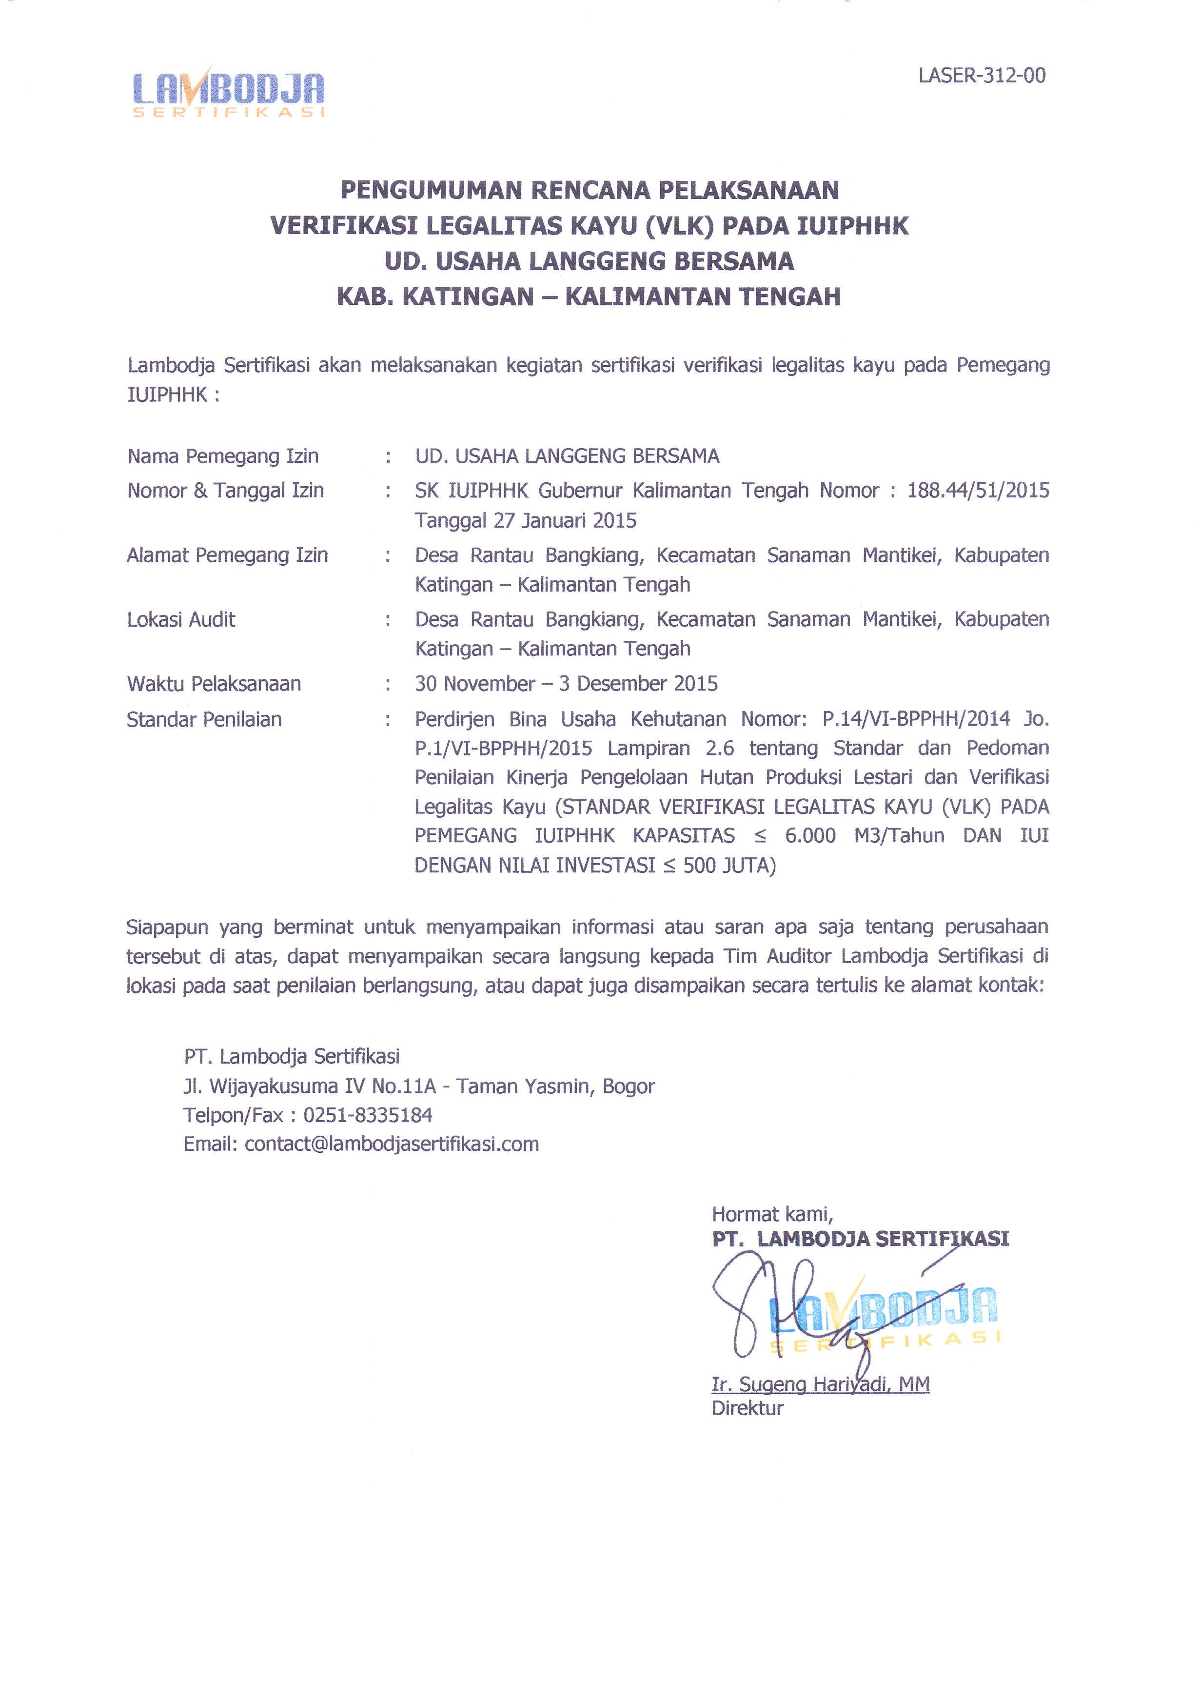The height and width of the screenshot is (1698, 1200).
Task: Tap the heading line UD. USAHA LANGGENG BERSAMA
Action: [x=590, y=261]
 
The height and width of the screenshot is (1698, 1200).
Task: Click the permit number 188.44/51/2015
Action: [x=978, y=490]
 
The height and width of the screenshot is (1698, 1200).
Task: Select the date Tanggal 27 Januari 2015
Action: [x=525, y=521]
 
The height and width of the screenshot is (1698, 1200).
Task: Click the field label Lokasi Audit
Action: [x=181, y=620]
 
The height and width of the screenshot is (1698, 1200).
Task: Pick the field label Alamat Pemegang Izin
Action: [x=227, y=555]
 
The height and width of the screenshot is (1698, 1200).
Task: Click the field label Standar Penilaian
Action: [x=204, y=720]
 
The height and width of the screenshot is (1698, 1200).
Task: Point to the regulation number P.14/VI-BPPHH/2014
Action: [x=915, y=719]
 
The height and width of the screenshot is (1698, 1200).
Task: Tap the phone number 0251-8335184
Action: [x=368, y=1115]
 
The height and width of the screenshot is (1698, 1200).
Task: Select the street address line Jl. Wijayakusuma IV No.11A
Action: [x=310, y=1086]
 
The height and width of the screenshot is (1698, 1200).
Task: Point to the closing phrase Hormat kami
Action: [x=772, y=1214]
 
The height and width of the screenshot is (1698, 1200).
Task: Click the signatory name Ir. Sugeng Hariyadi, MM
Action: [x=820, y=1384]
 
